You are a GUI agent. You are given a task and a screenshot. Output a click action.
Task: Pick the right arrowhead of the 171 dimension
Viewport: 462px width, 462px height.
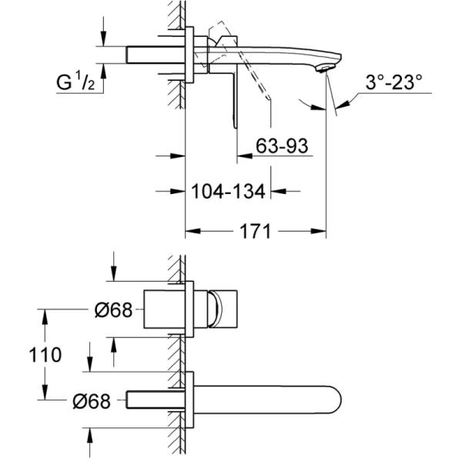click(x=321, y=230)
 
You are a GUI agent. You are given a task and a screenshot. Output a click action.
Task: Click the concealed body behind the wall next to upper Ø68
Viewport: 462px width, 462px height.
click(x=162, y=310)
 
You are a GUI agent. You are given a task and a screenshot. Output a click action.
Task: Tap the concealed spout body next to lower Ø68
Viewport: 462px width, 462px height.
click(x=154, y=400)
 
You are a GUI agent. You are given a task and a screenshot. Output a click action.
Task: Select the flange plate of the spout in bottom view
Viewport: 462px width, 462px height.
click(x=189, y=399)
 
